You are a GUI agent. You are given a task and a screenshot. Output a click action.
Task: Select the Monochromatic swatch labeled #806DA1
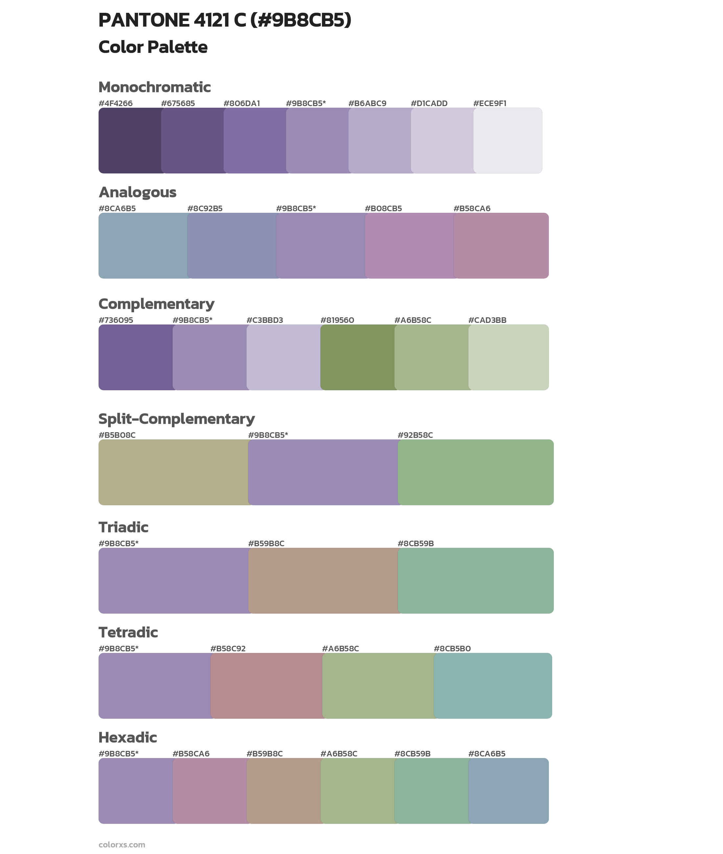pos(254,141)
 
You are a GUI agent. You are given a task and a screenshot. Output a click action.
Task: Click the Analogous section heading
pos(137,192)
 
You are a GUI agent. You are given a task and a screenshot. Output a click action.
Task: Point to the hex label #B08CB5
pos(383,209)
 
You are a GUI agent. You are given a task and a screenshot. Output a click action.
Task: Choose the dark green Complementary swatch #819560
pos(357,357)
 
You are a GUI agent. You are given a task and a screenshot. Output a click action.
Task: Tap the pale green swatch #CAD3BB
pos(508,357)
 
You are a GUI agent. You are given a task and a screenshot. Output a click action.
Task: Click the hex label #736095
pos(116,320)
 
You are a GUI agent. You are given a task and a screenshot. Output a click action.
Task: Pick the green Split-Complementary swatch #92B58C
pos(476,472)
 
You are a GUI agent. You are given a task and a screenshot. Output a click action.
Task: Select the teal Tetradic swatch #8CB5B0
pos(493,685)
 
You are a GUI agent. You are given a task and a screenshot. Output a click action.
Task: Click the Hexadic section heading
pos(128,737)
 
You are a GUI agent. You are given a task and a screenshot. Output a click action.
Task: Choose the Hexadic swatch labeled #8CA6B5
pos(508,791)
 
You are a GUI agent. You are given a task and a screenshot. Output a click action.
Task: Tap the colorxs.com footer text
pos(122,844)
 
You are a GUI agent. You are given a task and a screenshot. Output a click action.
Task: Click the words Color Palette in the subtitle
pos(153,47)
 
